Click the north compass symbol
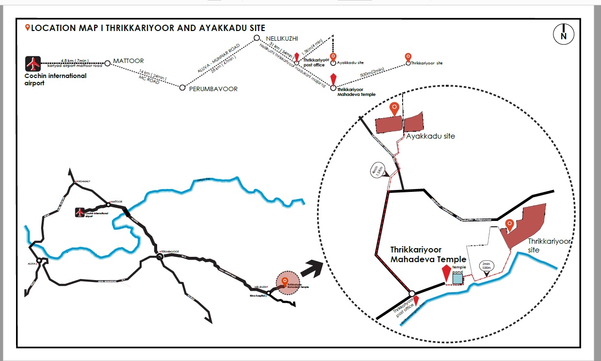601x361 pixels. (x=564, y=34)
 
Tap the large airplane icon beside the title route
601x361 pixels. (x=33, y=63)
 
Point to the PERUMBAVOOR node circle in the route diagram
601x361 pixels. (x=182, y=88)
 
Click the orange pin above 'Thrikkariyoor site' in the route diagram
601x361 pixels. (x=408, y=57)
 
